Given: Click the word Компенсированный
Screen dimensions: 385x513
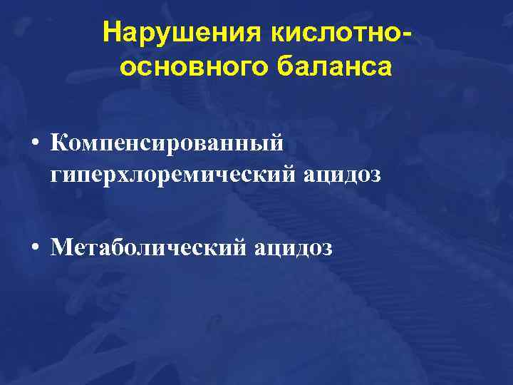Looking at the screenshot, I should click(x=167, y=143).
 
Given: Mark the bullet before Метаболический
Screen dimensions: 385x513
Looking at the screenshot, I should click(x=33, y=249).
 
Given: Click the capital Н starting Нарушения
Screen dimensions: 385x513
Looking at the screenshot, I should click(x=111, y=34).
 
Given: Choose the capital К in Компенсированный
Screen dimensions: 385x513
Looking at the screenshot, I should click(x=59, y=143).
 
